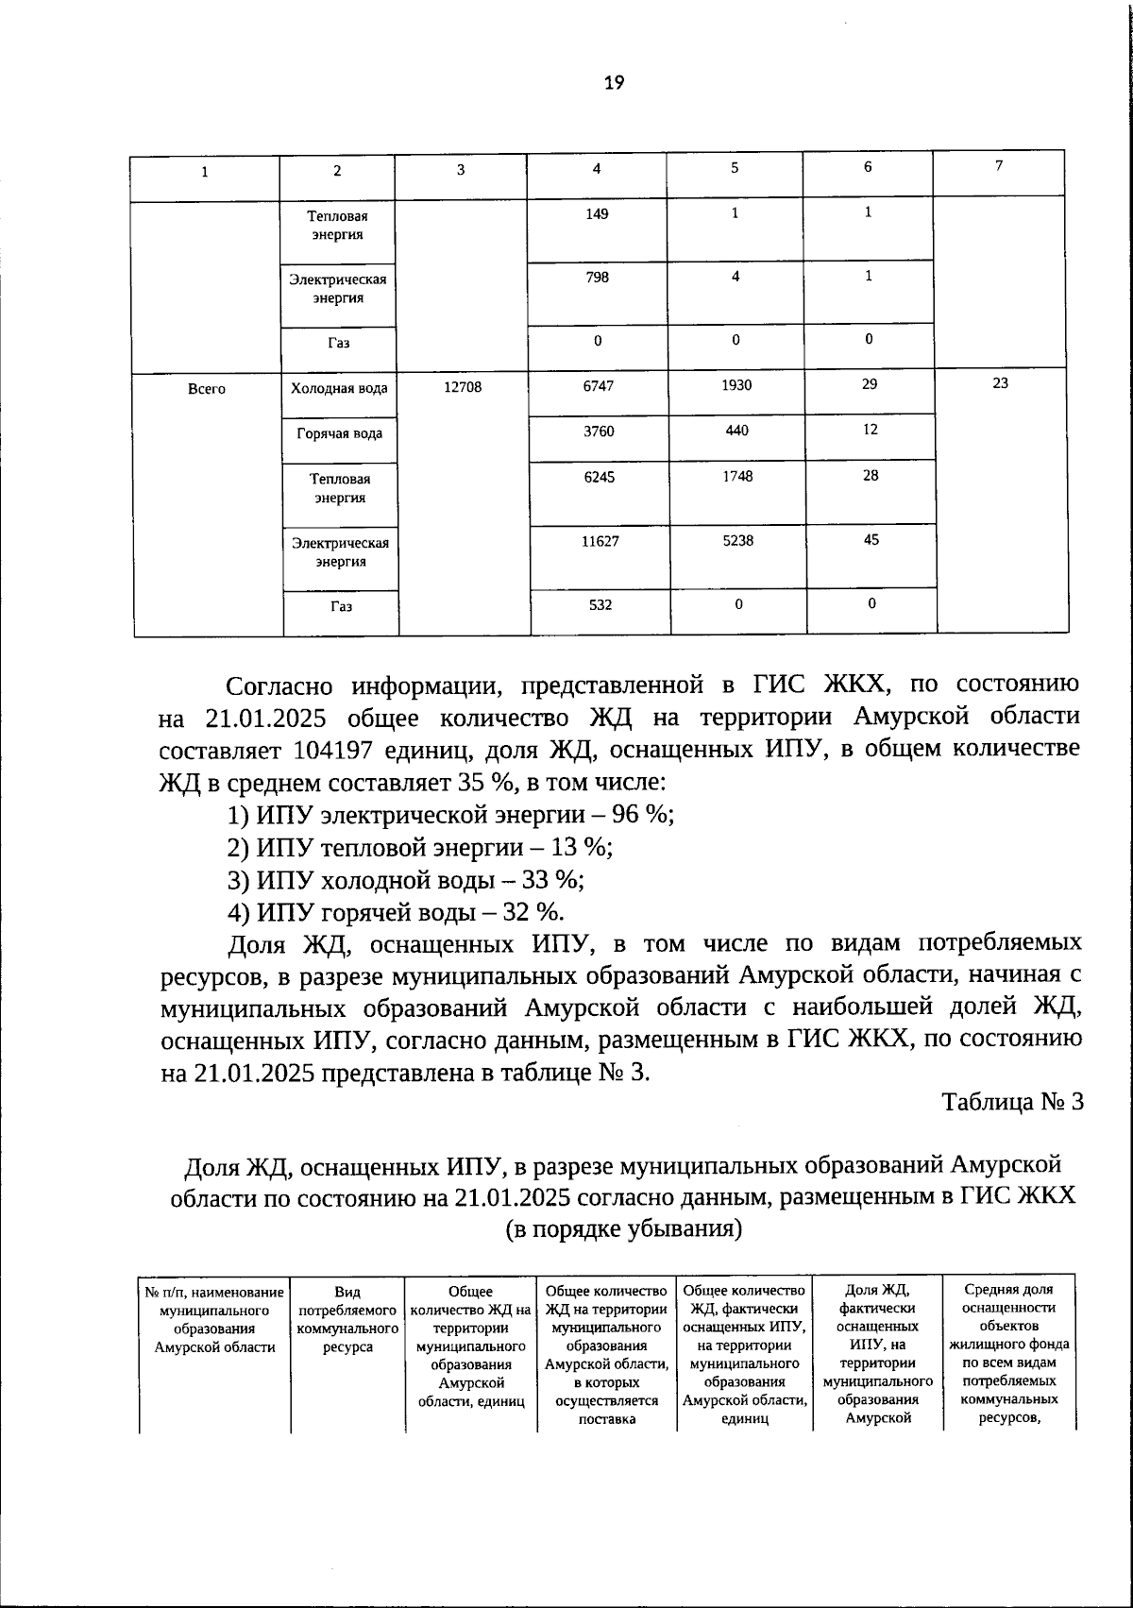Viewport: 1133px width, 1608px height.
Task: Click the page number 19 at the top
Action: point(614,83)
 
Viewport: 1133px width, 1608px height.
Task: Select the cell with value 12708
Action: point(462,386)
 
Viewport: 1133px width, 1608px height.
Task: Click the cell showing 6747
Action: point(598,386)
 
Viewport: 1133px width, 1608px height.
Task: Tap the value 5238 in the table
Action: point(737,541)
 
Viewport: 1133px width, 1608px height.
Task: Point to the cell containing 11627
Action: point(600,542)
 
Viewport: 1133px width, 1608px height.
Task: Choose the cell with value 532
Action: point(600,604)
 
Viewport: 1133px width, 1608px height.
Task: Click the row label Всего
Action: point(207,389)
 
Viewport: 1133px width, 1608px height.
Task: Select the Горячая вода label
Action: point(340,433)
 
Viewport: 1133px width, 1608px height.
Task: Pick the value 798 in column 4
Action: point(597,277)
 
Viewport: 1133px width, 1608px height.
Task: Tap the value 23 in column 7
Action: point(1001,383)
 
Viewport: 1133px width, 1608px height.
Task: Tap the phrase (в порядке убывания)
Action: point(623,1228)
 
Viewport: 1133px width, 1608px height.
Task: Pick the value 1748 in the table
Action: point(737,477)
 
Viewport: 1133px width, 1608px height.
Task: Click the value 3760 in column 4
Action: point(599,431)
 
